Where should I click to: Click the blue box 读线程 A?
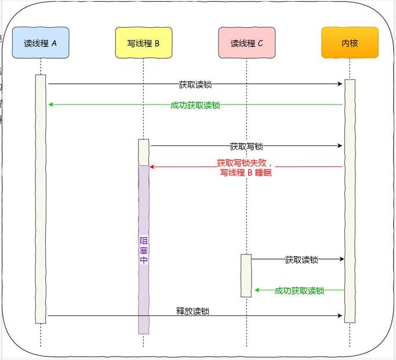pyautogui.click(x=41, y=42)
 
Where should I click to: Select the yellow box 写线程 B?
pyautogui.click(x=143, y=42)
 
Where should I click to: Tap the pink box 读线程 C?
pyautogui.click(x=246, y=42)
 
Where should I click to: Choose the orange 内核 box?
pyautogui.click(x=350, y=42)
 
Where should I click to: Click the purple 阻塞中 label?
pyautogui.click(x=144, y=250)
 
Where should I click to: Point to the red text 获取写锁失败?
pyautogui.click(x=244, y=163)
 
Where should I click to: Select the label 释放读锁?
pyautogui.click(x=192, y=311)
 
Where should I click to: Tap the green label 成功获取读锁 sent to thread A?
pyautogui.click(x=195, y=106)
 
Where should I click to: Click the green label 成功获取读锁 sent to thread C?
pyautogui.click(x=299, y=290)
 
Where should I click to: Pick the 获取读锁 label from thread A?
pyautogui.click(x=195, y=85)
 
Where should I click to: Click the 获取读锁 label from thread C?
pyautogui.click(x=301, y=260)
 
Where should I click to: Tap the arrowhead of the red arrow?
pyautogui.click(x=152, y=167)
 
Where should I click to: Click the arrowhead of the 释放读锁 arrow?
pyautogui.click(x=340, y=316)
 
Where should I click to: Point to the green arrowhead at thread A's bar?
pyautogui.click(x=50, y=105)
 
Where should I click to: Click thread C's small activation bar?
pyautogui.click(x=246, y=275)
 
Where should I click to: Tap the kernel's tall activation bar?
pyautogui.click(x=350, y=200)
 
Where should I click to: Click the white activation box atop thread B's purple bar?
pyautogui.click(x=143, y=152)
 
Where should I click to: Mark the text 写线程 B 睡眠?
pyautogui.click(x=246, y=173)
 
